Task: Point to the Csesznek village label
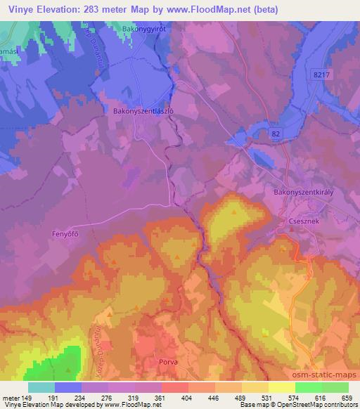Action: pyautogui.click(x=302, y=219)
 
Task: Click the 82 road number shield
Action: pyautogui.click(x=275, y=133)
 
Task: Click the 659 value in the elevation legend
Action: pyautogui.click(x=347, y=397)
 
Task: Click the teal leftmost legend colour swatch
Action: pyautogui.click(x=41, y=387)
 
